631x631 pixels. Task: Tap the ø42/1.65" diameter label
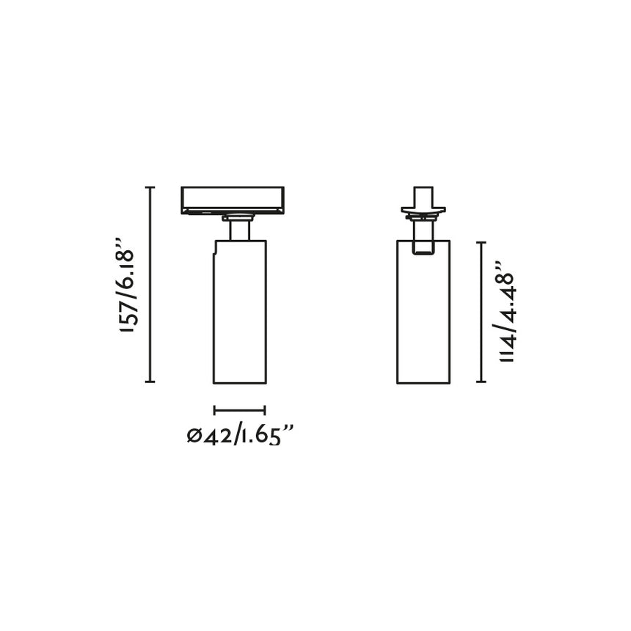coord(240,436)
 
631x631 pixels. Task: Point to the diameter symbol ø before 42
coord(194,437)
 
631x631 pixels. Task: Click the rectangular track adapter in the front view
coord(233,200)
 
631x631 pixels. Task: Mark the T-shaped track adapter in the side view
coord(423,203)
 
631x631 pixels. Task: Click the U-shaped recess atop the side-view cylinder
coord(423,249)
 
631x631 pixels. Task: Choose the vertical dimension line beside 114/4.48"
coord(481,312)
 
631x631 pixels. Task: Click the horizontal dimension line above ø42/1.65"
coord(239,410)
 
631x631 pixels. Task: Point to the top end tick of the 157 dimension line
coord(151,188)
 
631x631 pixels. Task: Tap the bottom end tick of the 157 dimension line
coord(151,382)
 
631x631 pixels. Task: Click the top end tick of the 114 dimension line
coord(481,242)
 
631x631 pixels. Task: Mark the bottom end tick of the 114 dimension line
coord(481,382)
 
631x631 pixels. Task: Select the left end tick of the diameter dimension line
coord(214,410)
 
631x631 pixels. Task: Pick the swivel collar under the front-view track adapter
coord(238,216)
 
